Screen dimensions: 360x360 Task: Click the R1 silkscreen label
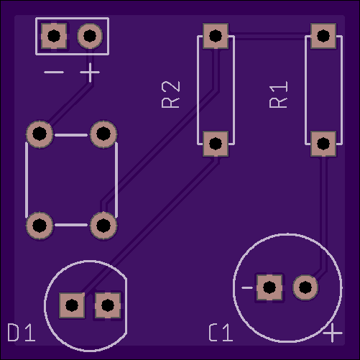click(x=278, y=95)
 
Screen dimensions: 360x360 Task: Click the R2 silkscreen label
click(x=170, y=95)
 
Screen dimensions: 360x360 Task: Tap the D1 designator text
click(x=22, y=333)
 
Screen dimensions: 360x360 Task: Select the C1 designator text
click(x=221, y=333)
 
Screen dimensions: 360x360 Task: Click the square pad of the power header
click(x=54, y=36)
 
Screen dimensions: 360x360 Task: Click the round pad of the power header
click(x=90, y=36)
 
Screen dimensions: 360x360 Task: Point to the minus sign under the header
click(x=54, y=72)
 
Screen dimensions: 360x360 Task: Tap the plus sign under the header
click(x=90, y=72)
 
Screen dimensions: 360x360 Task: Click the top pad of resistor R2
click(x=216, y=36)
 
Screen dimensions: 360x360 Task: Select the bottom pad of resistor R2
click(x=216, y=144)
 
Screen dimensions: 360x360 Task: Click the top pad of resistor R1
click(x=323, y=36)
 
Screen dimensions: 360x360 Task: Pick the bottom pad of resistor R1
click(x=323, y=144)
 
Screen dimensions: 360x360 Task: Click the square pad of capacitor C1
click(x=269, y=287)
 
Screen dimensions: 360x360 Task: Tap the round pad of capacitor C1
click(x=305, y=287)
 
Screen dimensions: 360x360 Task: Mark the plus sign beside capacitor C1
click(x=333, y=333)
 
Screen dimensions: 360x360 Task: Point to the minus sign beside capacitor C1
click(x=247, y=287)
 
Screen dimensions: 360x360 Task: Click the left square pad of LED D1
click(x=72, y=305)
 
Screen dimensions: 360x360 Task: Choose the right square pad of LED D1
click(x=108, y=305)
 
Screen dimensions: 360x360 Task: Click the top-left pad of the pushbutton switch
click(x=40, y=134)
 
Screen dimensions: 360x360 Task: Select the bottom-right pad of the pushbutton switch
click(x=103, y=225)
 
